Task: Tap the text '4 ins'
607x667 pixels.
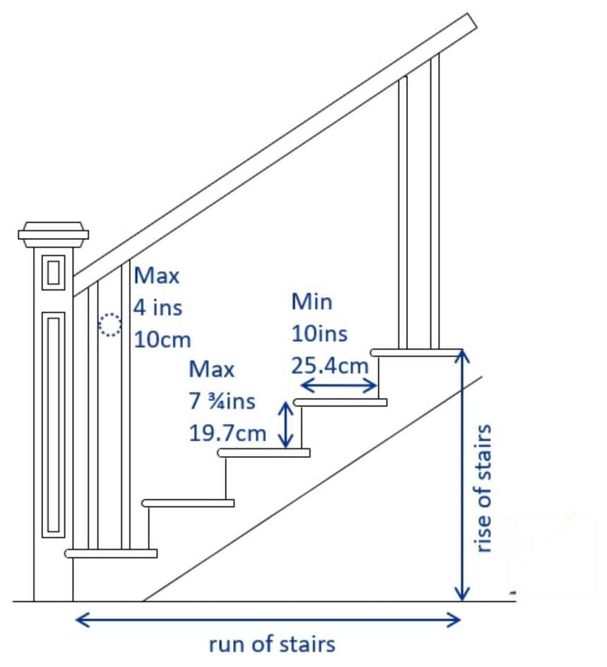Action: click(158, 308)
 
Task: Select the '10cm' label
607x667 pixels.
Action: click(162, 340)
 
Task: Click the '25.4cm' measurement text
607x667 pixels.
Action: click(330, 366)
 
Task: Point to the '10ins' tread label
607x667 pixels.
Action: click(320, 333)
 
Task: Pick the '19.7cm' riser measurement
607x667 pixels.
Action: click(227, 433)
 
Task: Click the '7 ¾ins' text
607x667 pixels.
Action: click(222, 401)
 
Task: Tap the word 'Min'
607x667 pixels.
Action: click(312, 301)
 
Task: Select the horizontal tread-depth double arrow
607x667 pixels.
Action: click(339, 386)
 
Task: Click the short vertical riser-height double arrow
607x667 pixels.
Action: click(286, 425)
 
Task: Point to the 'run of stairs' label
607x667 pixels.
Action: click(272, 644)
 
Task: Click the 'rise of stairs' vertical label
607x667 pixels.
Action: click(483, 488)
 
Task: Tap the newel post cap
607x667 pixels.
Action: click(54, 234)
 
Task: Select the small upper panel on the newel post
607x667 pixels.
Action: click(53, 272)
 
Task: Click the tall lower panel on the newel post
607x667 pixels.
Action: click(53, 424)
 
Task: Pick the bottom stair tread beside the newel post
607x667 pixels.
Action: click(111, 553)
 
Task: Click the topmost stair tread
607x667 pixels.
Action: click(416, 353)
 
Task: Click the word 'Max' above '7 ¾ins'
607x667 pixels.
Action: click(212, 369)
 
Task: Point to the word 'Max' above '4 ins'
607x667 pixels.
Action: click(157, 275)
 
